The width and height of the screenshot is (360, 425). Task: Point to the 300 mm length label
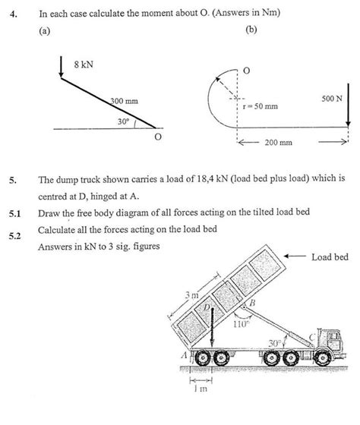click(x=124, y=102)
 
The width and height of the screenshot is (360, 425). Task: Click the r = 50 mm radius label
click(x=259, y=106)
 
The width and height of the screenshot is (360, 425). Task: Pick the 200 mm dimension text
click(x=279, y=143)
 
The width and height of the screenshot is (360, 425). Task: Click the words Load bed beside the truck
click(x=330, y=258)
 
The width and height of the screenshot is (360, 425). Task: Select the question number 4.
click(x=13, y=11)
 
